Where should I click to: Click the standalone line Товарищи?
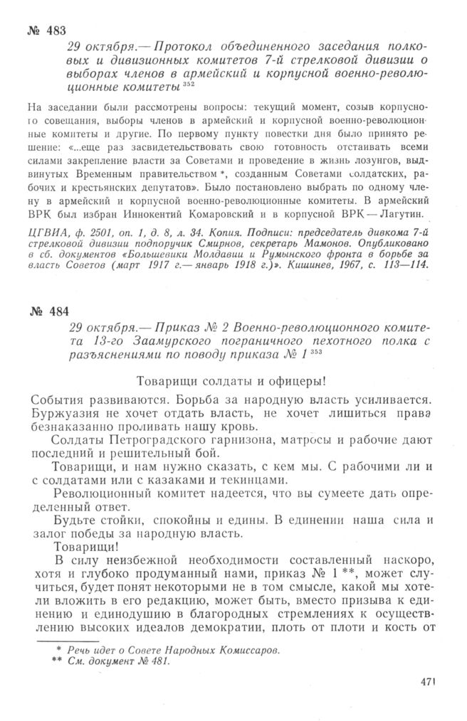tap(88, 548)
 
